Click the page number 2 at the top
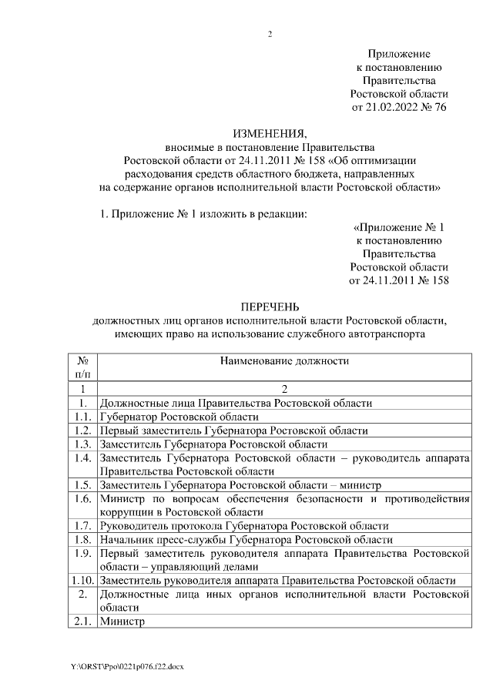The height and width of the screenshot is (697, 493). point(270,34)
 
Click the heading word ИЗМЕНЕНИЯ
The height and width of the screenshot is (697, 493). point(270,132)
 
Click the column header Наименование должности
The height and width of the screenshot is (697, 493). point(284,360)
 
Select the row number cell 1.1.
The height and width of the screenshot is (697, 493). point(79,416)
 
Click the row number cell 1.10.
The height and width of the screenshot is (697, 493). point(79,580)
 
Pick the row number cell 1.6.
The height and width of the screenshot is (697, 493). point(79,498)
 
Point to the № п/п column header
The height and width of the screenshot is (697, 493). point(79,366)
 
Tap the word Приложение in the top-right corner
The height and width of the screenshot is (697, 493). point(398,55)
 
